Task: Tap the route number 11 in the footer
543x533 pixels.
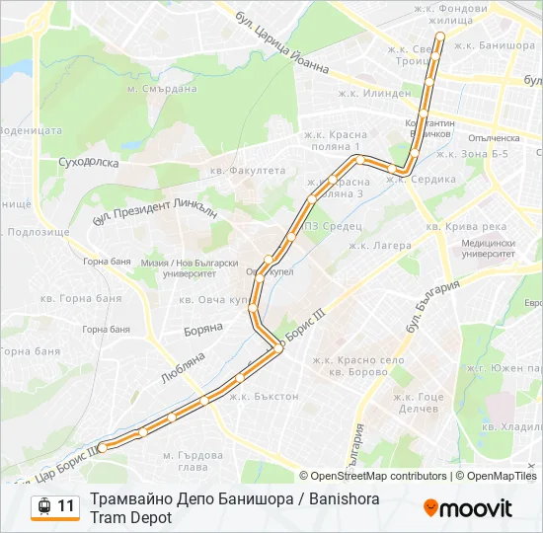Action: pyautogui.click(x=66, y=507)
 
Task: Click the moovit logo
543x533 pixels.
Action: pyautogui.click(x=468, y=508)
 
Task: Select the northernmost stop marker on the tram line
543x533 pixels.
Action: pyautogui.click(x=440, y=37)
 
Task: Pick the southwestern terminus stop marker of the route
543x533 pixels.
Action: pyautogui.click(x=102, y=447)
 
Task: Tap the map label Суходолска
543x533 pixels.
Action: pyautogui.click(x=90, y=159)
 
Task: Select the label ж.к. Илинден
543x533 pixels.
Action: pyautogui.click(x=374, y=94)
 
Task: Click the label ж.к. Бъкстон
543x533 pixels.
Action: pyautogui.click(x=264, y=397)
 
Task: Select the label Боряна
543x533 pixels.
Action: pyautogui.click(x=200, y=332)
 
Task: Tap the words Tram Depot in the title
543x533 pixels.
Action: pyautogui.click(x=130, y=517)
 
